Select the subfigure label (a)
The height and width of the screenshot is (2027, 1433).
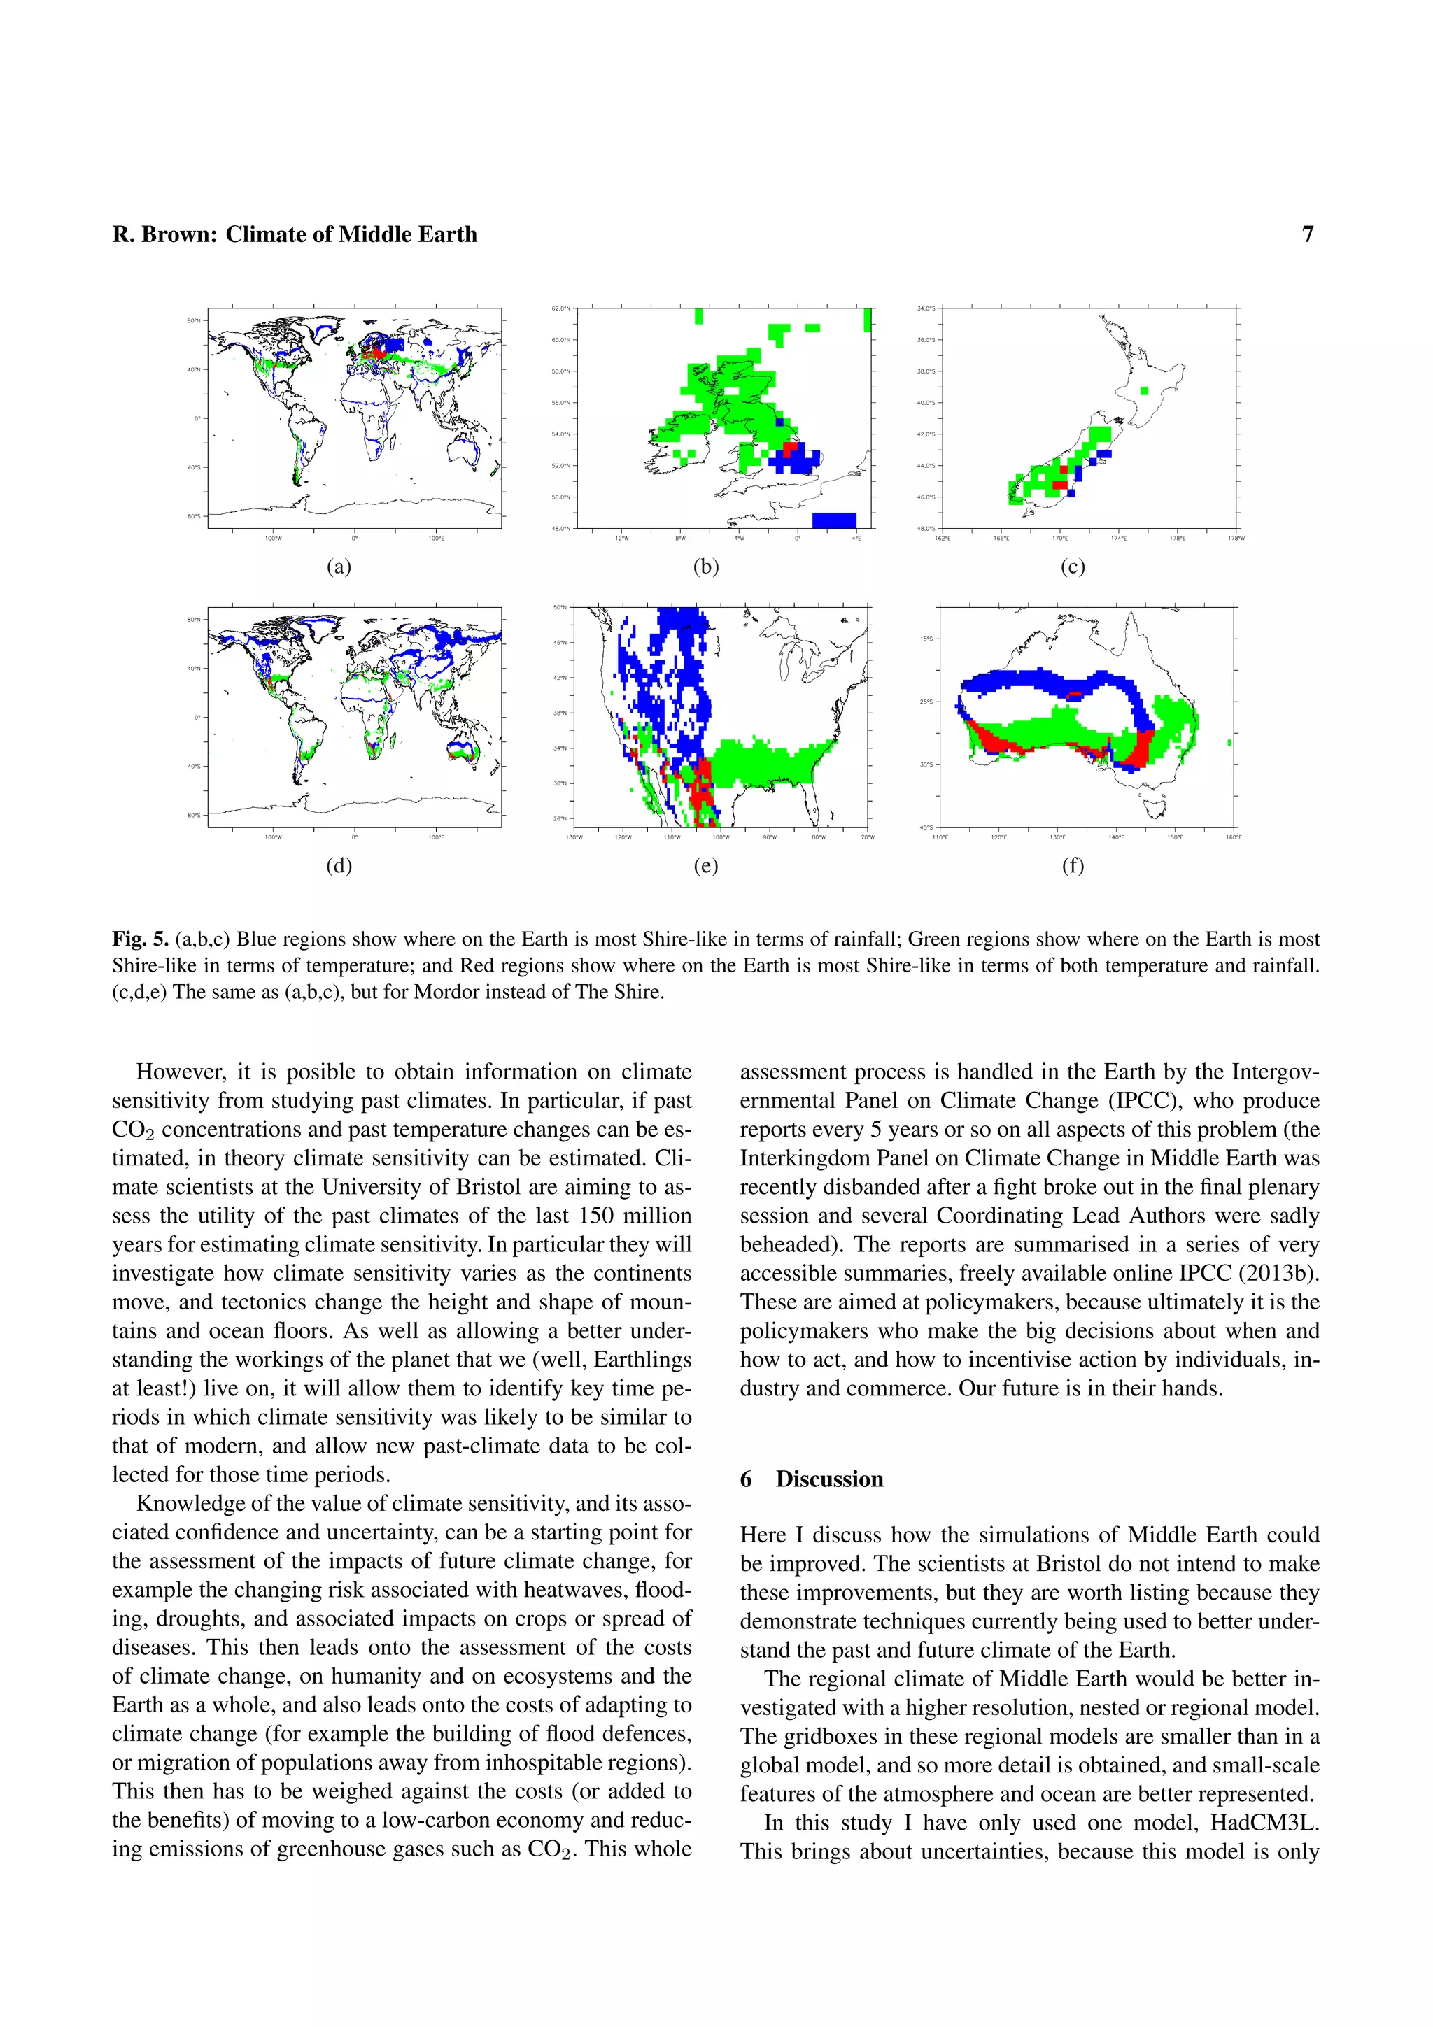[x=339, y=567]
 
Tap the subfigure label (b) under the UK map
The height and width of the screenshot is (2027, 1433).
[x=705, y=567]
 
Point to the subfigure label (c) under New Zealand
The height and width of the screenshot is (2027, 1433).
[x=1072, y=567]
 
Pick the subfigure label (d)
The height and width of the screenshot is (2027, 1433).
[x=339, y=865]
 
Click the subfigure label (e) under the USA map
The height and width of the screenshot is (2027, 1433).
[x=705, y=865]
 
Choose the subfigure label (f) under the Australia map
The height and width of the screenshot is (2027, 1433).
[x=1072, y=865]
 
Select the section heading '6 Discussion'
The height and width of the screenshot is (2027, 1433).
[x=812, y=1479]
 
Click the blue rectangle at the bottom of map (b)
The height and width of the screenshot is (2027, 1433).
[x=833, y=519]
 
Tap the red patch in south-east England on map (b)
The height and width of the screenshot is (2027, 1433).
[x=790, y=448]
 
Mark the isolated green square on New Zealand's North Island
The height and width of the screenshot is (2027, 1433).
[x=1144, y=390]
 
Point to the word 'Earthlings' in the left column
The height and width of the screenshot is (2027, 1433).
[x=643, y=1360]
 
